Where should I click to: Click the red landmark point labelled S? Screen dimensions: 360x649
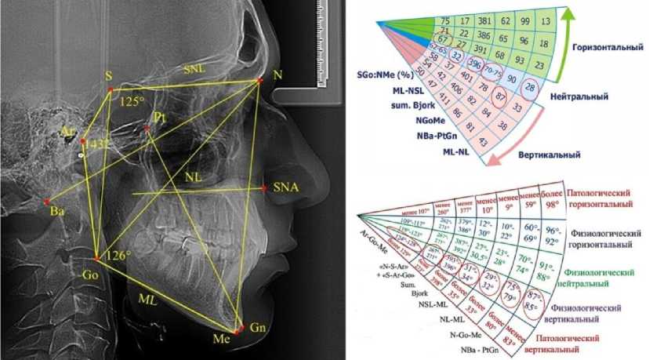[x=110, y=89]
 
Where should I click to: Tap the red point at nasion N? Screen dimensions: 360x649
[x=259, y=80]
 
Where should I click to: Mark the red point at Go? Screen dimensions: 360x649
[x=96, y=258]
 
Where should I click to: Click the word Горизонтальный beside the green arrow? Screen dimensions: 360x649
[x=606, y=49]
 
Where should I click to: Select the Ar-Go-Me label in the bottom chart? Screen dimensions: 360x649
[x=375, y=233]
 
